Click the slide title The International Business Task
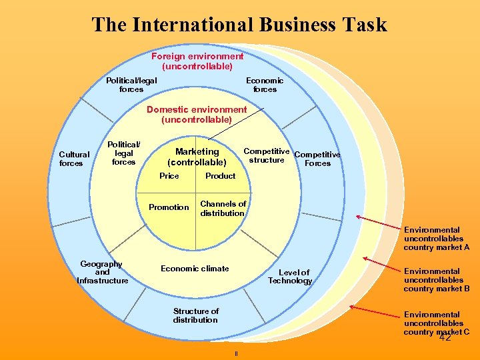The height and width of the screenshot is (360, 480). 239,25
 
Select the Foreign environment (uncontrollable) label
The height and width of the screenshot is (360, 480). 197,61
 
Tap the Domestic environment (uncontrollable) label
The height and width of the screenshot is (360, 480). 197,115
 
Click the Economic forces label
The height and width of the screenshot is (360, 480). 265,85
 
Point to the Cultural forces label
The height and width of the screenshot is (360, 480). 75,159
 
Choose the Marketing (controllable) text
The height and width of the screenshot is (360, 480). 197,157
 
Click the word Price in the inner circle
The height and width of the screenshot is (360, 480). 169,176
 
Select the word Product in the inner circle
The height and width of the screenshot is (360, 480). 220,176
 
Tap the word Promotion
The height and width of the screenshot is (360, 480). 169,207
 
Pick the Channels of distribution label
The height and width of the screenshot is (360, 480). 223,209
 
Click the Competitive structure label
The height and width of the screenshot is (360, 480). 266,155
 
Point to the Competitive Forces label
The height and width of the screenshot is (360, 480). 317,159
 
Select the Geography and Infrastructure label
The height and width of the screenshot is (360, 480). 102,272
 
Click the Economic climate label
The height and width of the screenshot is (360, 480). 195,269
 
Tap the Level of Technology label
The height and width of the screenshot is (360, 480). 291,277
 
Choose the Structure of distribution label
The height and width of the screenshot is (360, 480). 195,315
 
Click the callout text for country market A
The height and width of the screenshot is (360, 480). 437,239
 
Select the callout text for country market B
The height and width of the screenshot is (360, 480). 437,280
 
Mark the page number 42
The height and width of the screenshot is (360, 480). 445,337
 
